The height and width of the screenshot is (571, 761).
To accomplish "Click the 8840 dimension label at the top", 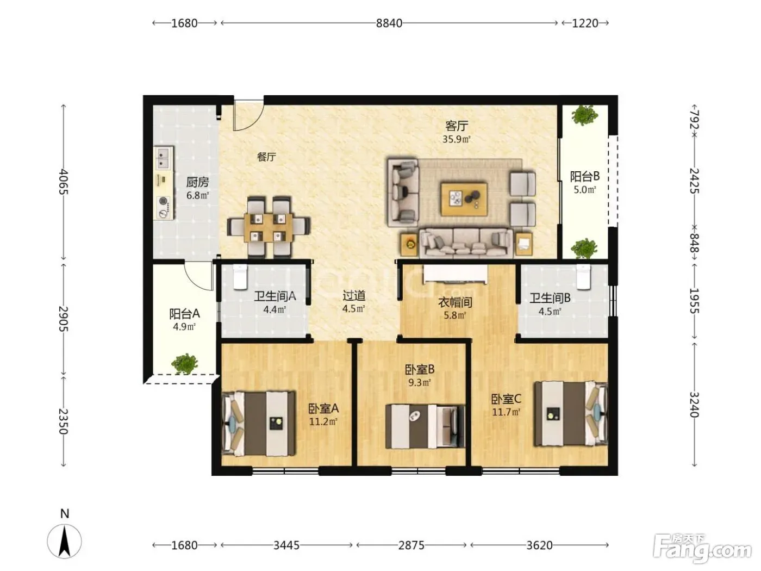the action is [389, 23].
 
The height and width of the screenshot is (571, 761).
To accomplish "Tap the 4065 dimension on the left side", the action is [64, 182].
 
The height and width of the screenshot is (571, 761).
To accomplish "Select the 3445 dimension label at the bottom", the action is [286, 545].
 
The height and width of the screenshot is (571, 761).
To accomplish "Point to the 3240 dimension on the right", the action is [694, 405].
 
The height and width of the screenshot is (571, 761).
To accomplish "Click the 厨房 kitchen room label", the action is [197, 182].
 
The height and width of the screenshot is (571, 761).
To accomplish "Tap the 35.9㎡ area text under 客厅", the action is [456, 139].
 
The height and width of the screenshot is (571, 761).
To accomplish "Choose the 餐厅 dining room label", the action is [266, 157].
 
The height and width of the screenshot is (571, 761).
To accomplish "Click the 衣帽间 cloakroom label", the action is [455, 302].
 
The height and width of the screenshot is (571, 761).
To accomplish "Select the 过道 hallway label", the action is [354, 295].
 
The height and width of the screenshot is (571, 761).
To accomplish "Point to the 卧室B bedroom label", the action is [420, 370].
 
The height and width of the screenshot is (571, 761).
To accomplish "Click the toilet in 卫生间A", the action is [240, 277].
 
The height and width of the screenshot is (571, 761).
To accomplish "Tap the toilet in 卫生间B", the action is [583, 277].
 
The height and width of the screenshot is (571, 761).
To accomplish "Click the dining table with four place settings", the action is [269, 227].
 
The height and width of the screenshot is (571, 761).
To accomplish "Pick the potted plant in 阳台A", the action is [185, 364].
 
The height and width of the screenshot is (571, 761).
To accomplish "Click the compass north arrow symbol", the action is [65, 541].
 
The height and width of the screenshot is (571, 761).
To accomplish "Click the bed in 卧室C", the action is [571, 414].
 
